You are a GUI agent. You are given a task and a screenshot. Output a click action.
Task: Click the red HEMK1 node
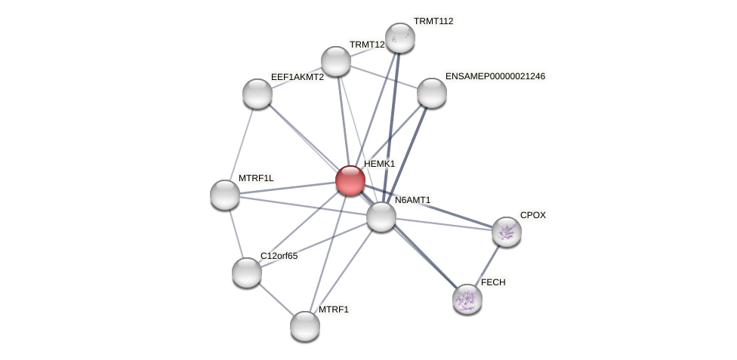coord(350,180)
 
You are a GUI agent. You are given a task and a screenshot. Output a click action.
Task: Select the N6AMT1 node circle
coord(381,217)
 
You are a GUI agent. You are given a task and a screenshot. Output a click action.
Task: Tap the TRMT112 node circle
coord(399,38)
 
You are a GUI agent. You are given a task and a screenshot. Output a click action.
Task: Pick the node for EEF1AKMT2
coord(257,94)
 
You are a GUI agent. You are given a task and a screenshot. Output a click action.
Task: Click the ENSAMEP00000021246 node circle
coord(432,93)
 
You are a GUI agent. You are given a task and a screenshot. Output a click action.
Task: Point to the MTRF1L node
coord(225,195)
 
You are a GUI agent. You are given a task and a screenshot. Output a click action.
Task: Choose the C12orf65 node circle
coord(247,272)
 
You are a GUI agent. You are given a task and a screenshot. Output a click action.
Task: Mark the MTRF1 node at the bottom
coord(305,326)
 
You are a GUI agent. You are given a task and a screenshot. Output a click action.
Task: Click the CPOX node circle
coord(507,232)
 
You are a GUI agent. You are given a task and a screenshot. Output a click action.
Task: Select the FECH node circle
coord(467,299)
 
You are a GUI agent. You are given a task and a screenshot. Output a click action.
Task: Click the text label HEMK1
coord(379,164)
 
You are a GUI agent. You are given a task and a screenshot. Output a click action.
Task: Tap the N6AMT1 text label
coord(412,200)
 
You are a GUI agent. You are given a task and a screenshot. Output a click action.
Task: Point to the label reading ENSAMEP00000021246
coord(495,76)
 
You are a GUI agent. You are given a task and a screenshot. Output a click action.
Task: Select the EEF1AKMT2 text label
coord(298,77)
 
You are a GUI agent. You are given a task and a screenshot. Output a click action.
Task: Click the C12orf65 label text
coord(279,256)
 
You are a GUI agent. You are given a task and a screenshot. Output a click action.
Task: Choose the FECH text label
coord(493,282)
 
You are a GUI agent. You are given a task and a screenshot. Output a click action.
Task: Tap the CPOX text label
coord(532,215)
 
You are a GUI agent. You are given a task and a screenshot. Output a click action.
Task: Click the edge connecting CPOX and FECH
coord(487,265)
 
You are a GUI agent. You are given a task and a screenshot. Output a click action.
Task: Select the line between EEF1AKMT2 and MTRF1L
coord(242,143)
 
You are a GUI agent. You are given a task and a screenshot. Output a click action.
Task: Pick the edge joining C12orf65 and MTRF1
coord(276,299)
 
